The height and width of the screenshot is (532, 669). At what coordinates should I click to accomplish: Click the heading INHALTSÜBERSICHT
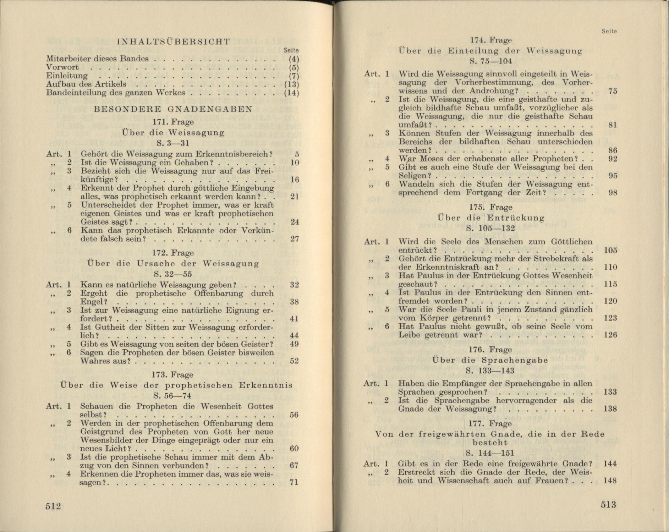(173, 42)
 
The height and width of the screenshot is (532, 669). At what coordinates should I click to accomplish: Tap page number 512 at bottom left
(53, 506)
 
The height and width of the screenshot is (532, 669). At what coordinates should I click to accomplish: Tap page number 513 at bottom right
(608, 505)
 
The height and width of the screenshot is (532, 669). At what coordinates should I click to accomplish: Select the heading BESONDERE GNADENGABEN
(173, 109)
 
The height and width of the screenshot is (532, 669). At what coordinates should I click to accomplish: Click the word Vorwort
(62, 67)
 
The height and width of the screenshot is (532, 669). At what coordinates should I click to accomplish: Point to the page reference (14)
(292, 93)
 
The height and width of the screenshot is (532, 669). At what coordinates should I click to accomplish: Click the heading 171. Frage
(173, 122)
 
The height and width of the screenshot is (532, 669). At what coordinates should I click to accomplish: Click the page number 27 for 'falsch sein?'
(295, 239)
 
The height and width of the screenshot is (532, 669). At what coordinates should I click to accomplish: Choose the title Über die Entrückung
(491, 218)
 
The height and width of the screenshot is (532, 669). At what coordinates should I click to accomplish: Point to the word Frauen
(549, 481)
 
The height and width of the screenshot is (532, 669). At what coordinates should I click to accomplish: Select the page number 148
(610, 481)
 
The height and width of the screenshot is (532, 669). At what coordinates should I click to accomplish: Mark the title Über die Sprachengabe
(490, 360)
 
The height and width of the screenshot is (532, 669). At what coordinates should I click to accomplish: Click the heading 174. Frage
(491, 40)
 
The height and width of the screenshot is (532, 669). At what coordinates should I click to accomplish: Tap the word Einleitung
(67, 76)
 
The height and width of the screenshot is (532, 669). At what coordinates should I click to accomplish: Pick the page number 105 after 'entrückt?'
(610, 250)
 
